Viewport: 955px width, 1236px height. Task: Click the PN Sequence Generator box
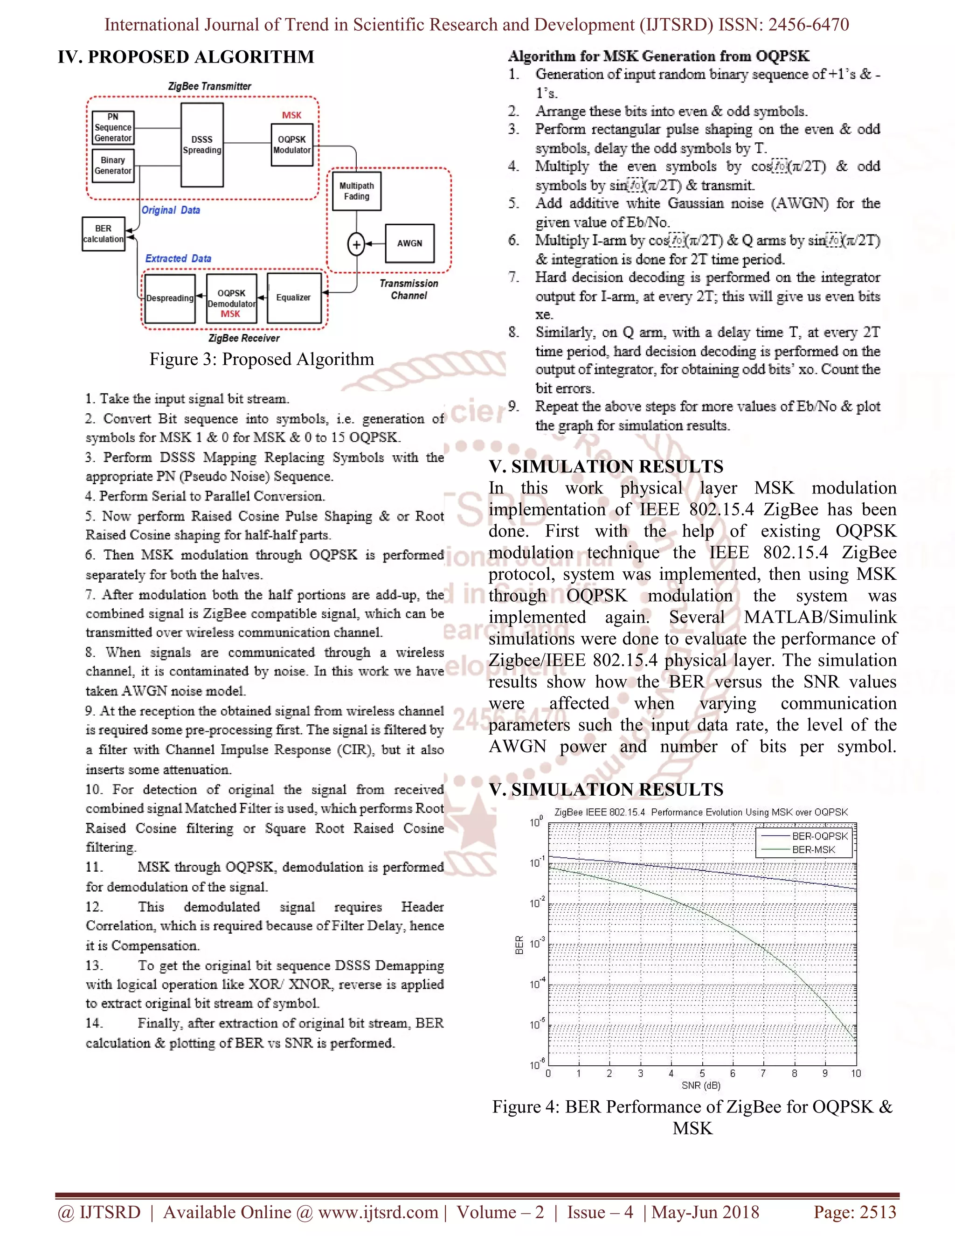(x=113, y=127)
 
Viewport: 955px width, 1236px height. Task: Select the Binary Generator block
(x=113, y=165)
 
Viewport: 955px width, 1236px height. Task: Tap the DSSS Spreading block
(x=202, y=145)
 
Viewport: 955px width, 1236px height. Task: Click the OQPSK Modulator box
(x=292, y=145)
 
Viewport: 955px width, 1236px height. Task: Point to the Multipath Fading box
(x=356, y=191)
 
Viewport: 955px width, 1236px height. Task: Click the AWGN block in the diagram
(x=409, y=243)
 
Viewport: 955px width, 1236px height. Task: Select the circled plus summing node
(x=356, y=244)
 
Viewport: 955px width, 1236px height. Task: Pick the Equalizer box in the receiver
(x=294, y=298)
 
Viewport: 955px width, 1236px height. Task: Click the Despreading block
(x=170, y=298)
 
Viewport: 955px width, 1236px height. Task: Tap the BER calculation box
(x=103, y=234)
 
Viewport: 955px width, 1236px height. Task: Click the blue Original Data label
(x=171, y=210)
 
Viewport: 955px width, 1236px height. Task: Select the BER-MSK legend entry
(x=813, y=849)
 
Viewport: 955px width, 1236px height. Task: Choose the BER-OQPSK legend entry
(x=819, y=836)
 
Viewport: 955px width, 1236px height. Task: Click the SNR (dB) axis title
(x=701, y=1085)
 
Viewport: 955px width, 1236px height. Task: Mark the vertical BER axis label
(x=519, y=945)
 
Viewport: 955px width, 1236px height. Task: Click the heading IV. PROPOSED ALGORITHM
(x=186, y=57)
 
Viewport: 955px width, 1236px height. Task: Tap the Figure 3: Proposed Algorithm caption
(x=262, y=359)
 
